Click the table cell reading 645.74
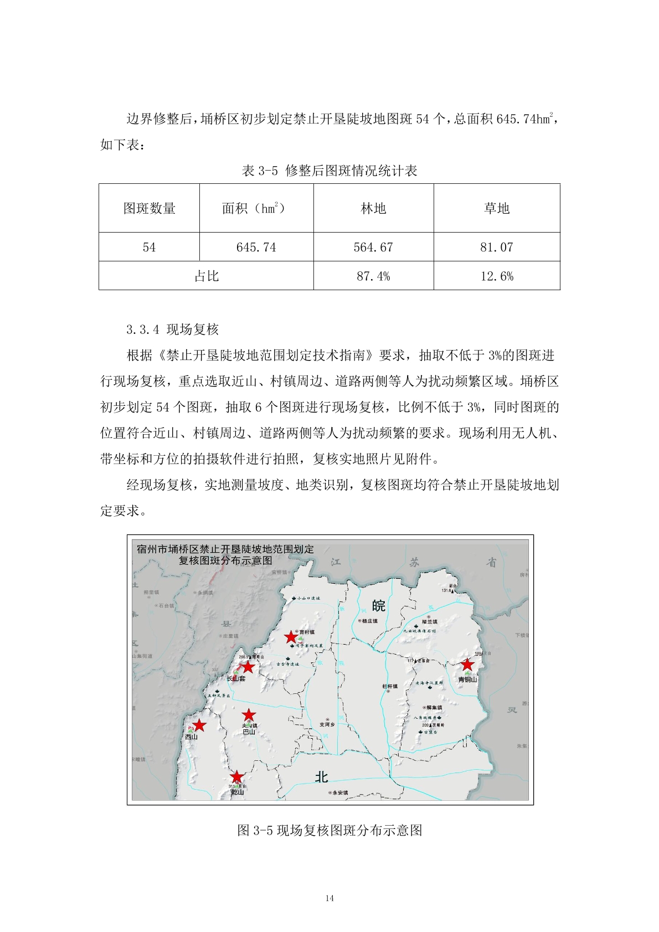pos(256,247)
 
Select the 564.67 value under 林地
pos(373,247)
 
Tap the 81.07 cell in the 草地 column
pos(497,247)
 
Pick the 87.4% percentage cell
pos(373,276)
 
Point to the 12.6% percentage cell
pos(497,276)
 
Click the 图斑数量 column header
pos(149,208)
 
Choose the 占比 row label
pos(206,276)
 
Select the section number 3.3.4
pos(142,329)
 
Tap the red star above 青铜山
pos(467,664)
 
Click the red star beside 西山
pos(199,725)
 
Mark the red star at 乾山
pos(236,777)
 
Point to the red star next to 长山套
pos(248,667)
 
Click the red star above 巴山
pos(249,714)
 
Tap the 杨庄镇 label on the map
pos(369,621)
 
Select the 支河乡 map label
pos(327,724)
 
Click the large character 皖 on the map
pos(378,606)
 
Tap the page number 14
pos(329,898)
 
